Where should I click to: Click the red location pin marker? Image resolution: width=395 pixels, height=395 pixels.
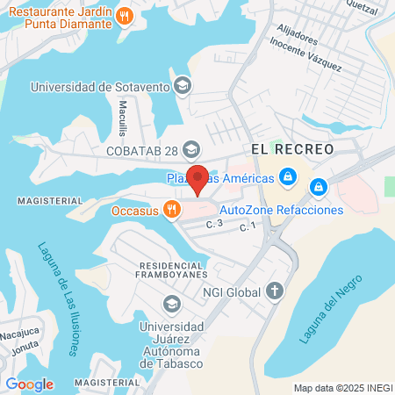tap(198, 179)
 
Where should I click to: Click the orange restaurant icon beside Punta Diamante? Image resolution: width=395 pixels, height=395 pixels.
tap(126, 15)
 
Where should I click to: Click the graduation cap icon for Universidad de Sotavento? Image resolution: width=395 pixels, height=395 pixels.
tap(182, 86)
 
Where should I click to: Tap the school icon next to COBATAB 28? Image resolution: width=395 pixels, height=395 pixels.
tap(193, 148)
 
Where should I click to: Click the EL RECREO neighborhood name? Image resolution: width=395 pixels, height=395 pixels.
tap(292, 149)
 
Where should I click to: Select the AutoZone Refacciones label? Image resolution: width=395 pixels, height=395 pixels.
tap(280, 210)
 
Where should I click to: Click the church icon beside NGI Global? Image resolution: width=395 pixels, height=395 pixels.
tap(275, 290)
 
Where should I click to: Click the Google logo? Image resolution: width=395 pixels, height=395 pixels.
tap(29, 384)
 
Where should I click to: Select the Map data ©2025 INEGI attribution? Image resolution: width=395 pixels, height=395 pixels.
tap(342, 388)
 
